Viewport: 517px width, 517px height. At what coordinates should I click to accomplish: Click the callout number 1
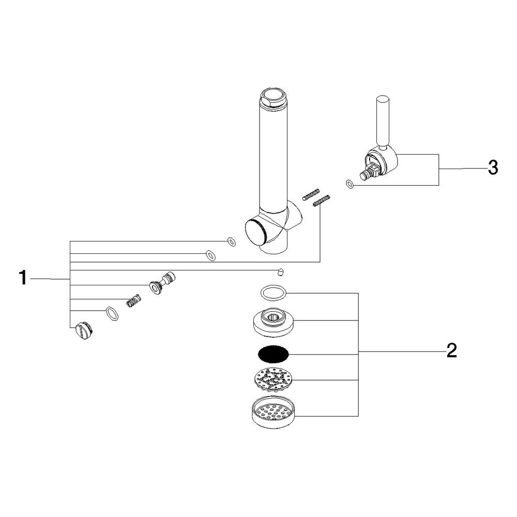[x=22, y=278]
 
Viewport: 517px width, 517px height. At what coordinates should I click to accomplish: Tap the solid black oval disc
[x=273, y=354]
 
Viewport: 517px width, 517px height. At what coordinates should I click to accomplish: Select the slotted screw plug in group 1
[x=83, y=330]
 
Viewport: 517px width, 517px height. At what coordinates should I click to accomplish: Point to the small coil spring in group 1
[x=133, y=300]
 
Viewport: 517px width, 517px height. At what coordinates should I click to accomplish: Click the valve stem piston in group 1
[x=162, y=282]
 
